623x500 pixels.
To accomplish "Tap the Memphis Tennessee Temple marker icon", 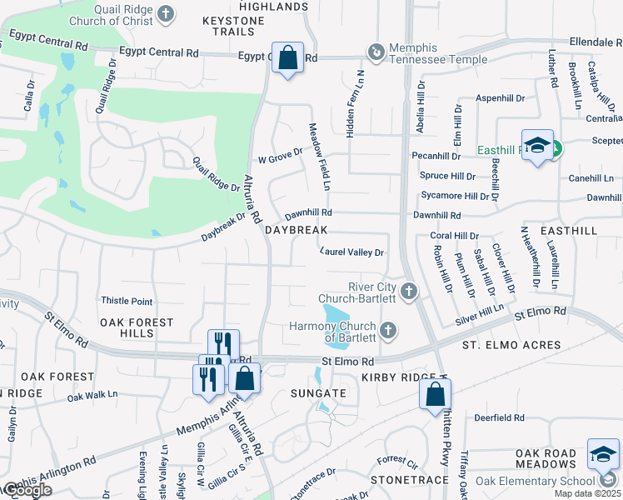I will point(376,52).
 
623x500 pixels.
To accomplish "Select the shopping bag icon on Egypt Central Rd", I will point(287,59).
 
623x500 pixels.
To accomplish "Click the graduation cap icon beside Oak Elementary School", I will point(603,454).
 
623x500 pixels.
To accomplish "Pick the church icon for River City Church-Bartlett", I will point(408,292).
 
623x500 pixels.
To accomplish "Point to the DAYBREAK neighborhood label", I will point(296,229).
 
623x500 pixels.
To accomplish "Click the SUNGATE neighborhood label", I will point(316,392).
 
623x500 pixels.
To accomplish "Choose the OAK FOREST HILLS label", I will point(137,327).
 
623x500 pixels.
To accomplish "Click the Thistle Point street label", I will point(127,301).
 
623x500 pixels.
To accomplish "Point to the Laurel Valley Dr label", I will point(352,252).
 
